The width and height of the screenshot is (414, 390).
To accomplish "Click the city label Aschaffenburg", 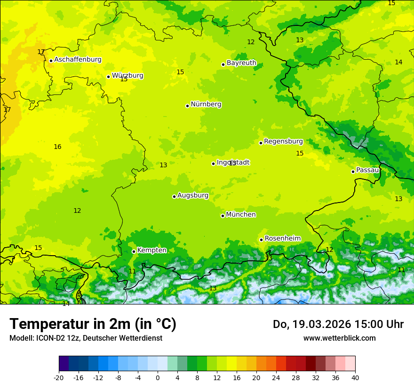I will tap(78, 60).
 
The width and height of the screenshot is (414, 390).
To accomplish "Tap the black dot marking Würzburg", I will tap(108, 77).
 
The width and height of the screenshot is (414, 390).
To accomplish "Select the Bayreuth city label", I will tap(241, 63).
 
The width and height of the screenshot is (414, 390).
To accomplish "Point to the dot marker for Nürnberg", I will tap(187, 106).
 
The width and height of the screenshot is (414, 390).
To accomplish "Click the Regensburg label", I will tap(283, 141).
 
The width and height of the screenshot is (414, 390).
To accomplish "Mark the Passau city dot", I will tap(353, 172).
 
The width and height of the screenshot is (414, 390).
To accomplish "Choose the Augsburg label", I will tap(193, 195).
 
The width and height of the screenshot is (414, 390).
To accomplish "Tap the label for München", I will tap(241, 215).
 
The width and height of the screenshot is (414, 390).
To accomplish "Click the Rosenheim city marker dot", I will tap(261, 240).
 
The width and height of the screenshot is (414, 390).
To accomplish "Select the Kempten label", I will tap(152, 250).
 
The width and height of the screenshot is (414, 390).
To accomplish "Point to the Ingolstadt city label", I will tap(233, 163).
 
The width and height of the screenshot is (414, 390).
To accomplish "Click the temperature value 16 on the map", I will tap(57, 147).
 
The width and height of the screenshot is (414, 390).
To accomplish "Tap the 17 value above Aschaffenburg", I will tap(41, 52).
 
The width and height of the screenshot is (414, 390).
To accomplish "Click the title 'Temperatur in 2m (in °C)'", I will tap(93, 324).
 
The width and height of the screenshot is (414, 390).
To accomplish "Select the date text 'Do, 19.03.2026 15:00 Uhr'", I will tap(338, 324).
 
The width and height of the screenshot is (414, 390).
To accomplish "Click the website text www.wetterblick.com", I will tap(339, 338).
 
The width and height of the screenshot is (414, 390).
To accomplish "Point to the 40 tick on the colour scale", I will tap(355, 377).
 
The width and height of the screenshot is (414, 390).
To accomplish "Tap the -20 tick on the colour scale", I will tap(59, 377).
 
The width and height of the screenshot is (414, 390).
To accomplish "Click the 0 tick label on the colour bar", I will tap(158, 377).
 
